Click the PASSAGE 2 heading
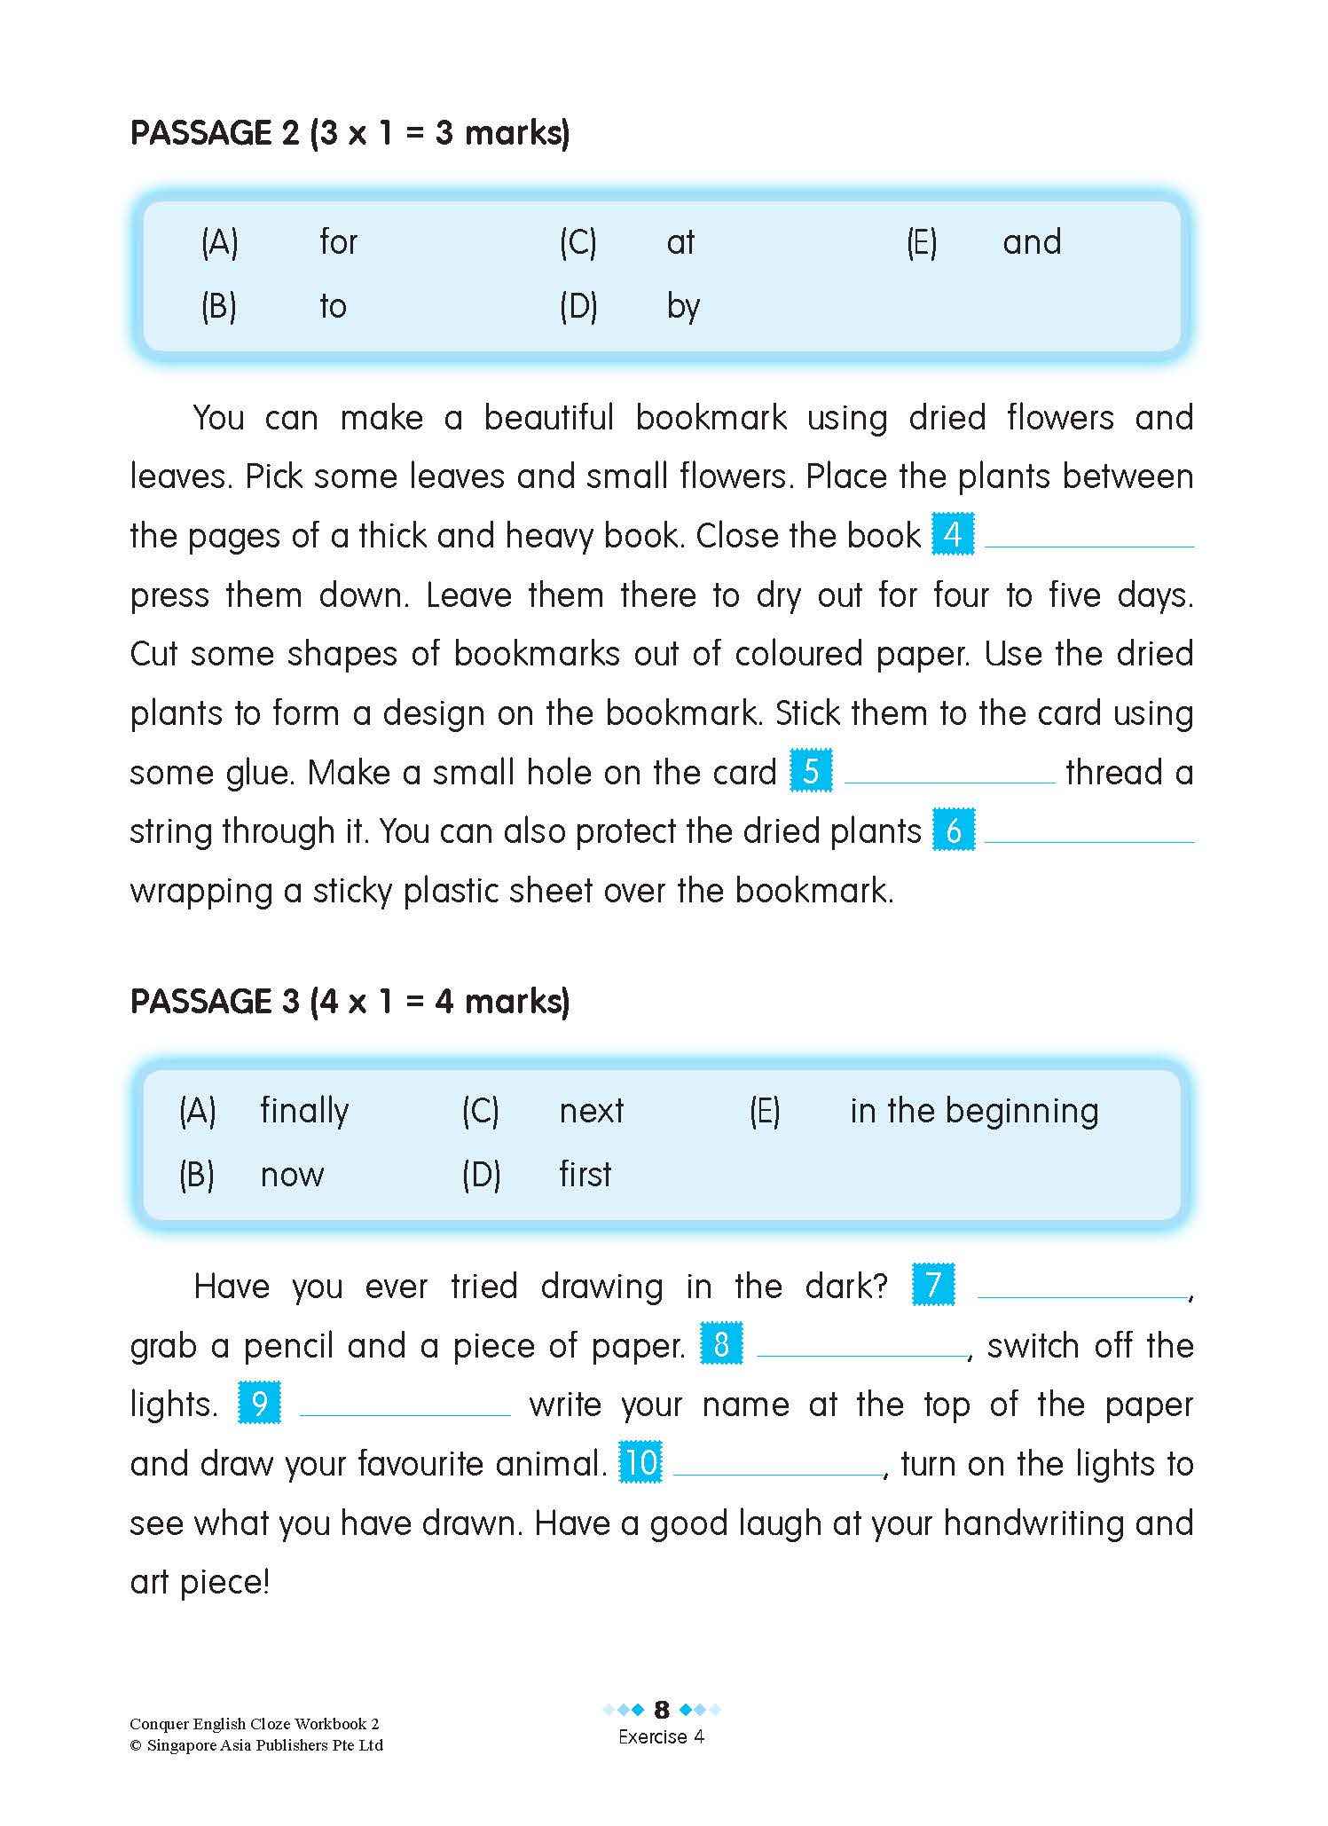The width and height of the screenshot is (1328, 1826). tap(350, 133)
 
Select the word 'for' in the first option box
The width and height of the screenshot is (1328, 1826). tap(338, 242)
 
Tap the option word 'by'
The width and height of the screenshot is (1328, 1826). tap(683, 307)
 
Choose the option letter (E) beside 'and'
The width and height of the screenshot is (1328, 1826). tap(921, 242)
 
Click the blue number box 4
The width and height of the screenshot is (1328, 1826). tap(953, 535)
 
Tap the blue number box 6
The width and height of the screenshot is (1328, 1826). tap(953, 830)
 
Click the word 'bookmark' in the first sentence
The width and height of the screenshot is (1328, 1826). tap(711, 418)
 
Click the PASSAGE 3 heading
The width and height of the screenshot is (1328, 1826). tap(350, 1002)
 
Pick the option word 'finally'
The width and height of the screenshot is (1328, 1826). tap(304, 1111)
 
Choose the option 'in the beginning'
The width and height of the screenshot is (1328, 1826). tap(973, 1111)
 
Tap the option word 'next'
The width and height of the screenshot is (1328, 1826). tap(591, 1111)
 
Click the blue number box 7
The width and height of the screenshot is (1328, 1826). tap(933, 1286)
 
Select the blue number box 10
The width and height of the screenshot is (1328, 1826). tap(640, 1463)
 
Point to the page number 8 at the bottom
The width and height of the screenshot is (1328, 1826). tap(662, 1710)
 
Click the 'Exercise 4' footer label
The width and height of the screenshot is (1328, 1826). tap(661, 1737)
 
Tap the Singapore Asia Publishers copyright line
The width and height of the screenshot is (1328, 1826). tap(256, 1745)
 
